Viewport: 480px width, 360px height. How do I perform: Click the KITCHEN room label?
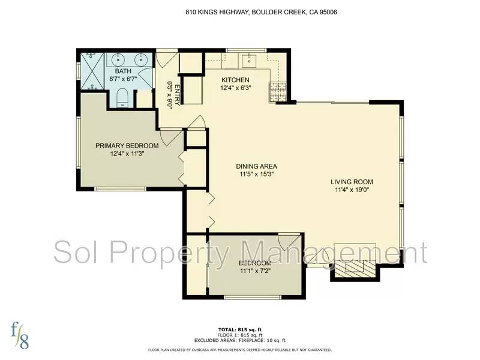pyautogui.click(x=235, y=80)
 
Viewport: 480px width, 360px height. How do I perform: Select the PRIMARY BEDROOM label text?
pyautogui.click(x=127, y=146)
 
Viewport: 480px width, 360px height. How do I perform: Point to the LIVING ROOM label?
pyautogui.click(x=352, y=182)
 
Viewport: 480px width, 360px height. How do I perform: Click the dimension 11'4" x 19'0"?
pyautogui.click(x=352, y=190)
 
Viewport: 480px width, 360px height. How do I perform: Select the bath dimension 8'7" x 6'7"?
pyautogui.click(x=123, y=79)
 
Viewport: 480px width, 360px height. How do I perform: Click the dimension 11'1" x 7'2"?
pyautogui.click(x=255, y=271)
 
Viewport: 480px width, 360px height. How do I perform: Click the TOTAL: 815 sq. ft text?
pyautogui.click(x=239, y=330)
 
